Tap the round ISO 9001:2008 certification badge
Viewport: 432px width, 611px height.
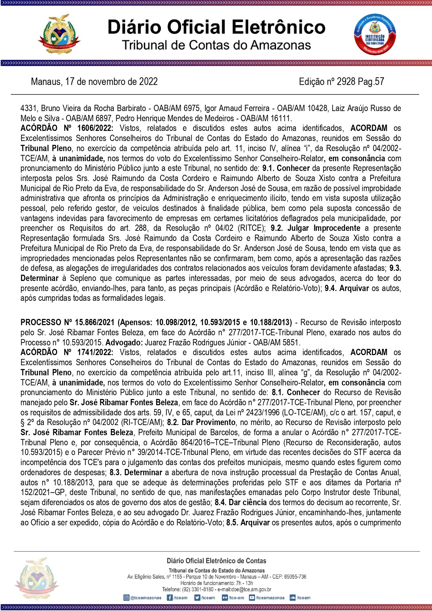(375, 35)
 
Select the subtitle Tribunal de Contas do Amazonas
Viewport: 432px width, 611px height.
(216, 45)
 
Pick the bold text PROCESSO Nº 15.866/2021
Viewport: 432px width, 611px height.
(68, 322)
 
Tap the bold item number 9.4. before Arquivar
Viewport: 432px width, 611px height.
(331, 288)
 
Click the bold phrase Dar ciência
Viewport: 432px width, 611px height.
(248, 502)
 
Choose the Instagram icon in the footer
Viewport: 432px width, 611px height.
(126, 598)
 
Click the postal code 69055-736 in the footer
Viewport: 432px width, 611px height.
(295, 577)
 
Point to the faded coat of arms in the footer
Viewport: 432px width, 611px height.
(37, 579)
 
